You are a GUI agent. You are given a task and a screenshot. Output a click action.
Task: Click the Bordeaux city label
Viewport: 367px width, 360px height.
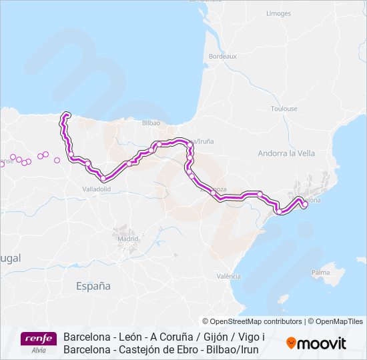coord(223,57)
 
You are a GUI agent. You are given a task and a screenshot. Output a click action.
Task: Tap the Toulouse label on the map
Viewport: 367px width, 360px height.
coord(284,109)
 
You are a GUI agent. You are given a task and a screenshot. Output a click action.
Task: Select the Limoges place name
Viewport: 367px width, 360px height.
coord(278,13)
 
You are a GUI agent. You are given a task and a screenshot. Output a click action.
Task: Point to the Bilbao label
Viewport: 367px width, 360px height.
coord(151,123)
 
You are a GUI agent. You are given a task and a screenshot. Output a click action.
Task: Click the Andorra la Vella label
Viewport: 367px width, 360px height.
coord(286,153)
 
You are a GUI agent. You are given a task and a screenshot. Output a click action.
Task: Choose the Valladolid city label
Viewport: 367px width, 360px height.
coord(97,189)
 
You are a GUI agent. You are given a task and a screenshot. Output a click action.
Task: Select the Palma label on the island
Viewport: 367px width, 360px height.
coord(321,273)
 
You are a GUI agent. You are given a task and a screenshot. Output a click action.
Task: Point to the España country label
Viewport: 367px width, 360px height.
coord(93,286)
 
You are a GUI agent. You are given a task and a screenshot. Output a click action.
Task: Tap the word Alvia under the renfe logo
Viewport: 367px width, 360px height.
coord(39,350)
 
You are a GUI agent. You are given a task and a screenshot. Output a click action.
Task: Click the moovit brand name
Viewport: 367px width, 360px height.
coord(321,343)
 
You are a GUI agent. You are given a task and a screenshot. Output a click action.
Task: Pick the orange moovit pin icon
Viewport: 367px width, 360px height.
coord(290,343)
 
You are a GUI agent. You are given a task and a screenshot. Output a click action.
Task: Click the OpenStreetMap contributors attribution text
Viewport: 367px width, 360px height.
coord(252,321)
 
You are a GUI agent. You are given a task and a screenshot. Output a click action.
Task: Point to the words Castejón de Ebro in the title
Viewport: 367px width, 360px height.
coord(153,349)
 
